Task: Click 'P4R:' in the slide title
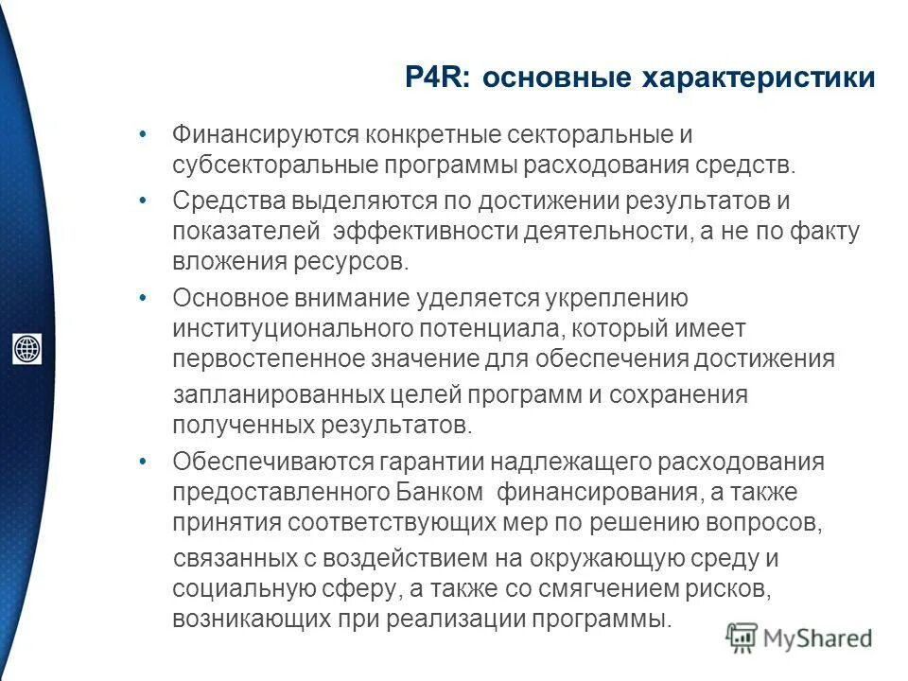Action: click(x=438, y=79)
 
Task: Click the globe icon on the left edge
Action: click(x=26, y=348)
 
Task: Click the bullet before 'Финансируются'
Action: click(x=142, y=134)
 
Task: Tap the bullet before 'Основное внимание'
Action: click(x=142, y=297)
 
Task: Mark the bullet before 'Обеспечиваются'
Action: click(x=142, y=462)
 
